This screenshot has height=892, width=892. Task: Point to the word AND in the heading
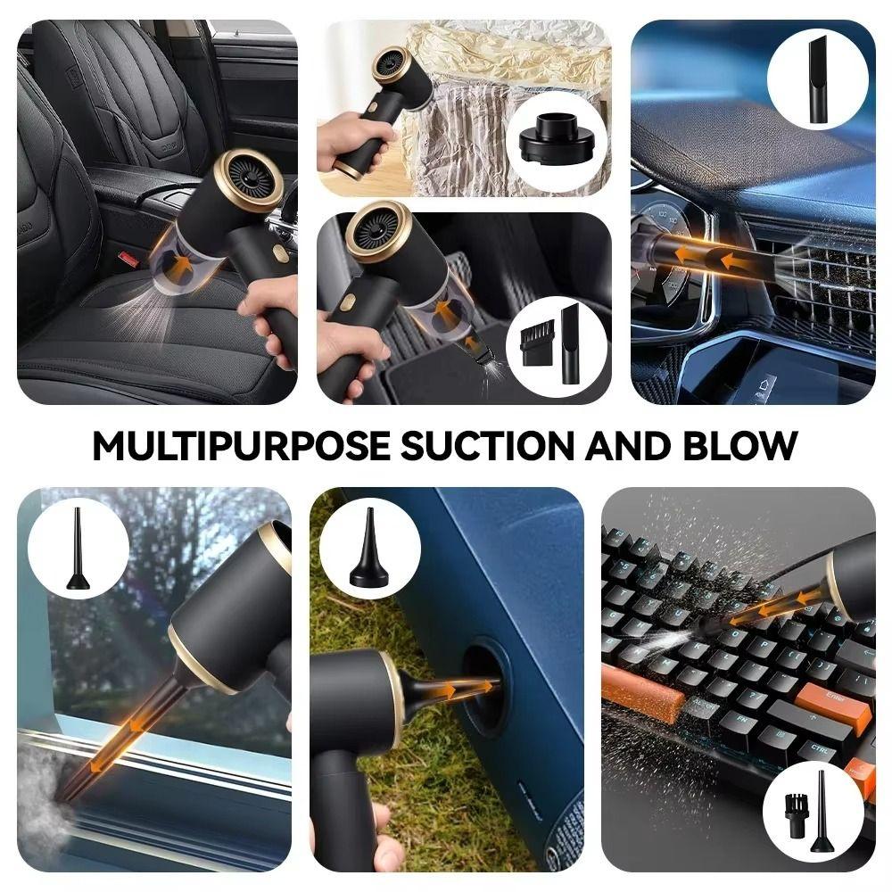click(x=622, y=445)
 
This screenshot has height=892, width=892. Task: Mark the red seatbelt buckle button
click(x=129, y=261)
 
